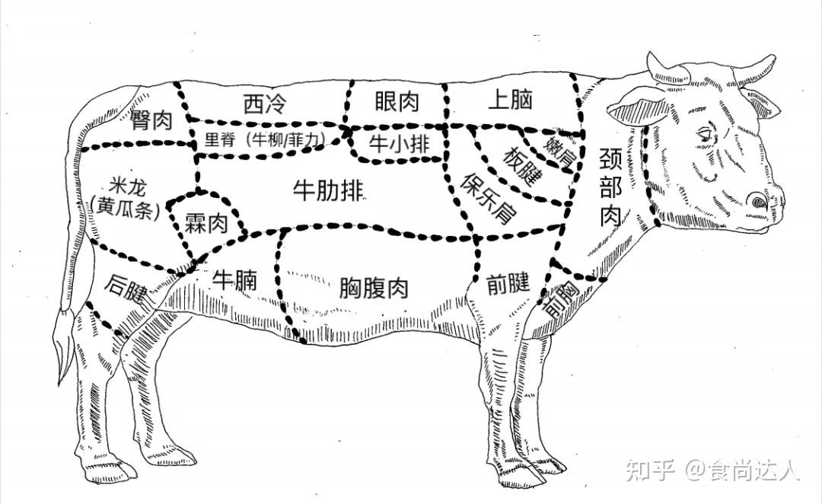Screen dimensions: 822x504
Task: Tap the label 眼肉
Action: point(397,102)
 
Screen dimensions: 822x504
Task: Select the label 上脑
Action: point(509,100)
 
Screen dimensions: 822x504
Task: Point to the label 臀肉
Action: point(151,120)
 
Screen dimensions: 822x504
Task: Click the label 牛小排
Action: point(397,143)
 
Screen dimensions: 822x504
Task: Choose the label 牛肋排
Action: point(328,191)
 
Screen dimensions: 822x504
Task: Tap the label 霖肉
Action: point(206,222)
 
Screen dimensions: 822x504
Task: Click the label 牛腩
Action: point(234,279)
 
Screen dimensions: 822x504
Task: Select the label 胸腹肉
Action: point(374,288)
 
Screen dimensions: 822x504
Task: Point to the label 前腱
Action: point(508,283)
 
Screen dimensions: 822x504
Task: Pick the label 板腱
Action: point(524,164)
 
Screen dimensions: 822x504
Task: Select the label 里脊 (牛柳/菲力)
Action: point(266,141)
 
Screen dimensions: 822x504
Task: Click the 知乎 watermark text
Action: point(650,471)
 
